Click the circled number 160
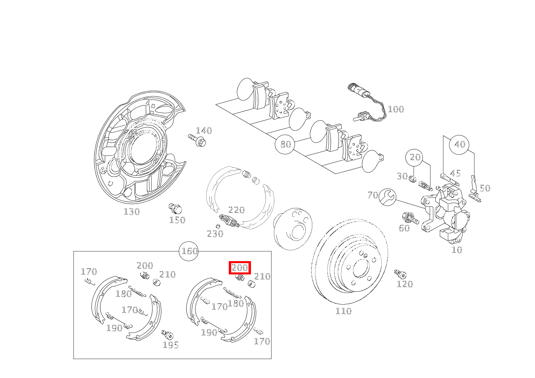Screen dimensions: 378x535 tap(189, 251)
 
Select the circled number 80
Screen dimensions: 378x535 tap(285, 144)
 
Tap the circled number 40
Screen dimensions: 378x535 tap(460, 144)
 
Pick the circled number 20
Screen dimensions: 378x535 tap(415, 157)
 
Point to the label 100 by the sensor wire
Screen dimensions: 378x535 tap(395, 109)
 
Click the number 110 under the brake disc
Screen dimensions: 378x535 tap(343, 311)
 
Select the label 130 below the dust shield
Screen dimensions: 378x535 tap(132, 212)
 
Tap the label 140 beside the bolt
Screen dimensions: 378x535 tap(204, 131)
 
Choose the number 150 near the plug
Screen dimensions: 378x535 tap(177, 220)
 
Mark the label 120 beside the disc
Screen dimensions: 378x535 tap(405, 284)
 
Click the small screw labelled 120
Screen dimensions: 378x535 tap(400, 274)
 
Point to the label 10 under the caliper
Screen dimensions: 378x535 tap(456, 250)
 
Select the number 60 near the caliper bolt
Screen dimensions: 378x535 tap(404, 228)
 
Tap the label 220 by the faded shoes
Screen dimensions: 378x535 tap(236, 210)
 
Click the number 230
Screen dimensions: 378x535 tap(215, 234)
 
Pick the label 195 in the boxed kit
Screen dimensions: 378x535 tap(171, 345)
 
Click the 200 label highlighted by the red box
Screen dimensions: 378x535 tap(240, 268)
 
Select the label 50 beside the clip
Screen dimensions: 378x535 tap(485, 188)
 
